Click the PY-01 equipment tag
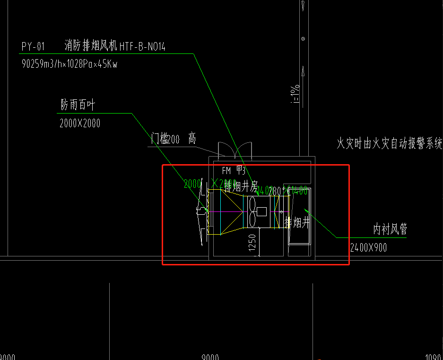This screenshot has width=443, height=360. pos(33,46)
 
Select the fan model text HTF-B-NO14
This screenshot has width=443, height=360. pos(142,46)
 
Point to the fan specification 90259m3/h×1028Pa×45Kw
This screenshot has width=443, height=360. pos(69,64)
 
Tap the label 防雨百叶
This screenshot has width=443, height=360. pos(78,105)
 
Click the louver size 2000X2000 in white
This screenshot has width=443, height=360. pos(80,123)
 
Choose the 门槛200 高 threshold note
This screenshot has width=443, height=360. pos(173,139)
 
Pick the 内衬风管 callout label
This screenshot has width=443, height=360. pos(390,229)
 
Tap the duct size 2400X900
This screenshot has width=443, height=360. pos(368,247)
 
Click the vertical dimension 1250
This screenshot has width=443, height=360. pos(252,243)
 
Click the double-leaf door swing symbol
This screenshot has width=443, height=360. pos(235,150)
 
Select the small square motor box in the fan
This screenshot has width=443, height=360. pos(261,211)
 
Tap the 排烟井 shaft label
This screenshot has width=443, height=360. pos(297,222)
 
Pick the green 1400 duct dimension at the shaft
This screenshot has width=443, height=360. pos(299,191)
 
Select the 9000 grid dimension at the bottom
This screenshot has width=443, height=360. pos(210,357)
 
